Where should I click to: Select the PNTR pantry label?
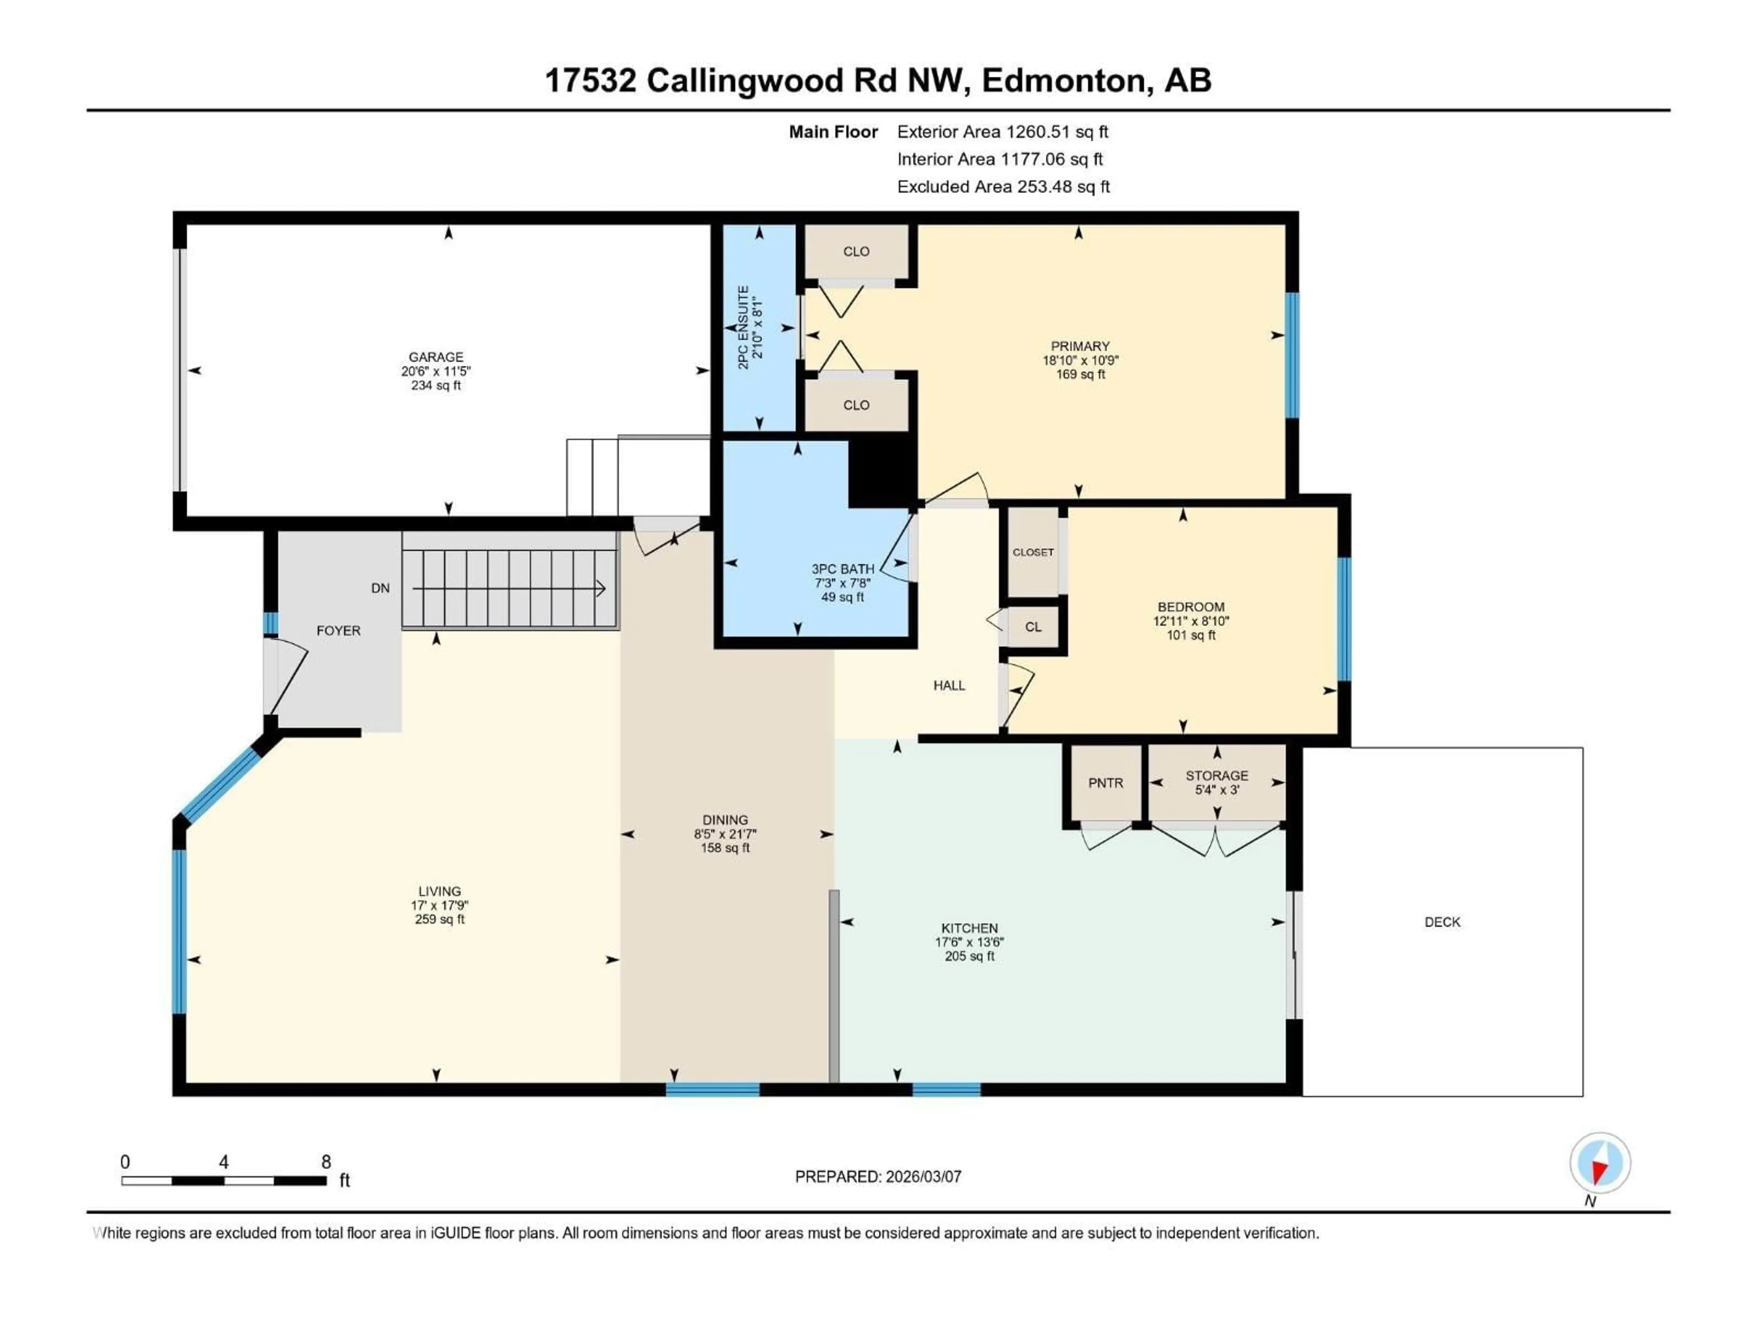1106,783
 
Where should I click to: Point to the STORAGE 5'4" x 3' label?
1217,782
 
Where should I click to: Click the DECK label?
1442,922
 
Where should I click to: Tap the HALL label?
949,685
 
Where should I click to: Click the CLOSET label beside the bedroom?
1032,553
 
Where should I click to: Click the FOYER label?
339,631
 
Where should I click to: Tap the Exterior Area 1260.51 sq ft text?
1002,132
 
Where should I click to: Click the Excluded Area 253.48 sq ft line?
1003,187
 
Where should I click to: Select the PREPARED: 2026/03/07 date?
878,1177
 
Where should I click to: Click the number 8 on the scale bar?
326,1162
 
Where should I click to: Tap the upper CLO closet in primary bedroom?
856,251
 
